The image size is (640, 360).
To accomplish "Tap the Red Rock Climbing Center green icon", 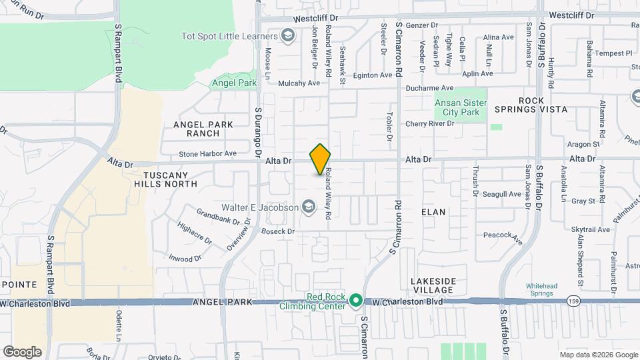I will click(356, 301).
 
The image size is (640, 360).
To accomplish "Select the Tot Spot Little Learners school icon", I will click(288, 35).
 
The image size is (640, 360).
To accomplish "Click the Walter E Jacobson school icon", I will click(308, 208).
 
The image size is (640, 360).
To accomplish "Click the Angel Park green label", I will click(234, 83).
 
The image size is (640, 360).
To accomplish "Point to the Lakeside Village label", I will click(433, 285).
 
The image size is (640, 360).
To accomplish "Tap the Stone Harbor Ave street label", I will click(207, 153).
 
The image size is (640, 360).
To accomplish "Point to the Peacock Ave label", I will click(502, 236).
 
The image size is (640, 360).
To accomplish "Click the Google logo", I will click(22, 351).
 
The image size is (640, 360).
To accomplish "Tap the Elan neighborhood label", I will click(433, 211).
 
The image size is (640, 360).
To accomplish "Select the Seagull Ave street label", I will click(501, 194).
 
